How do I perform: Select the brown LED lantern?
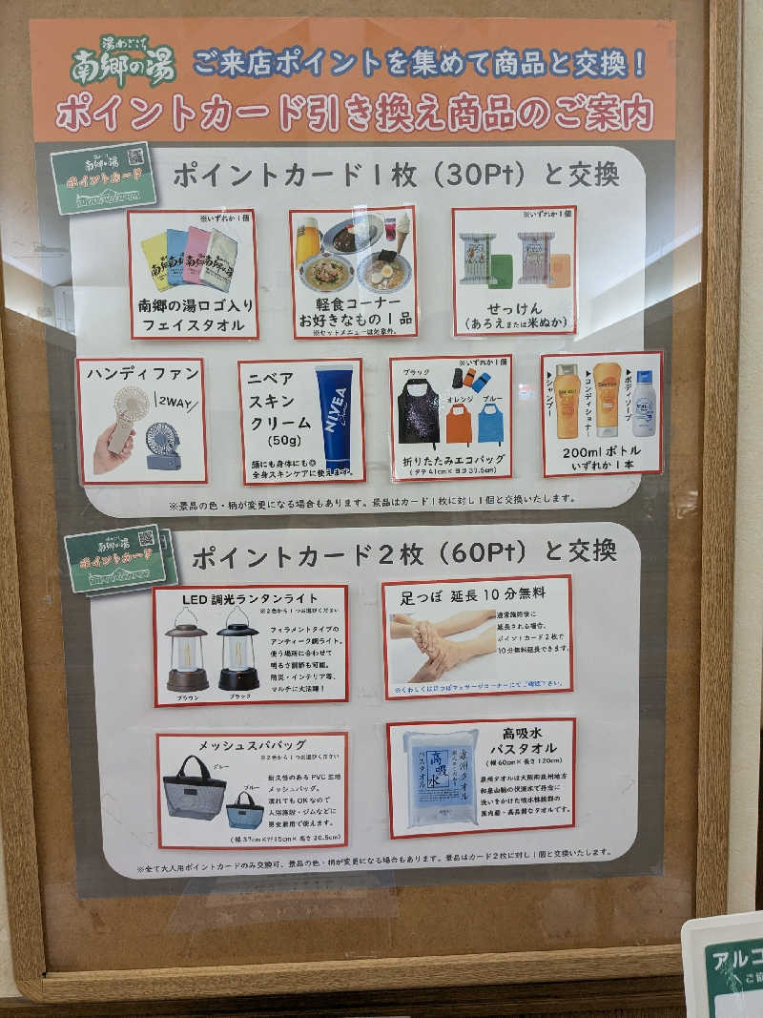coord(187,651)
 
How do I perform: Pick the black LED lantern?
coord(237,651)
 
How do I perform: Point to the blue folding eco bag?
coord(490,422)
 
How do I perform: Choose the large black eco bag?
coord(419,412)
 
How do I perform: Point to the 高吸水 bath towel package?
coord(440,778)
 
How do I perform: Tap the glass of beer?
coord(307,242)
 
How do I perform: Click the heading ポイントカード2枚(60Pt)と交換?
coord(403,554)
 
